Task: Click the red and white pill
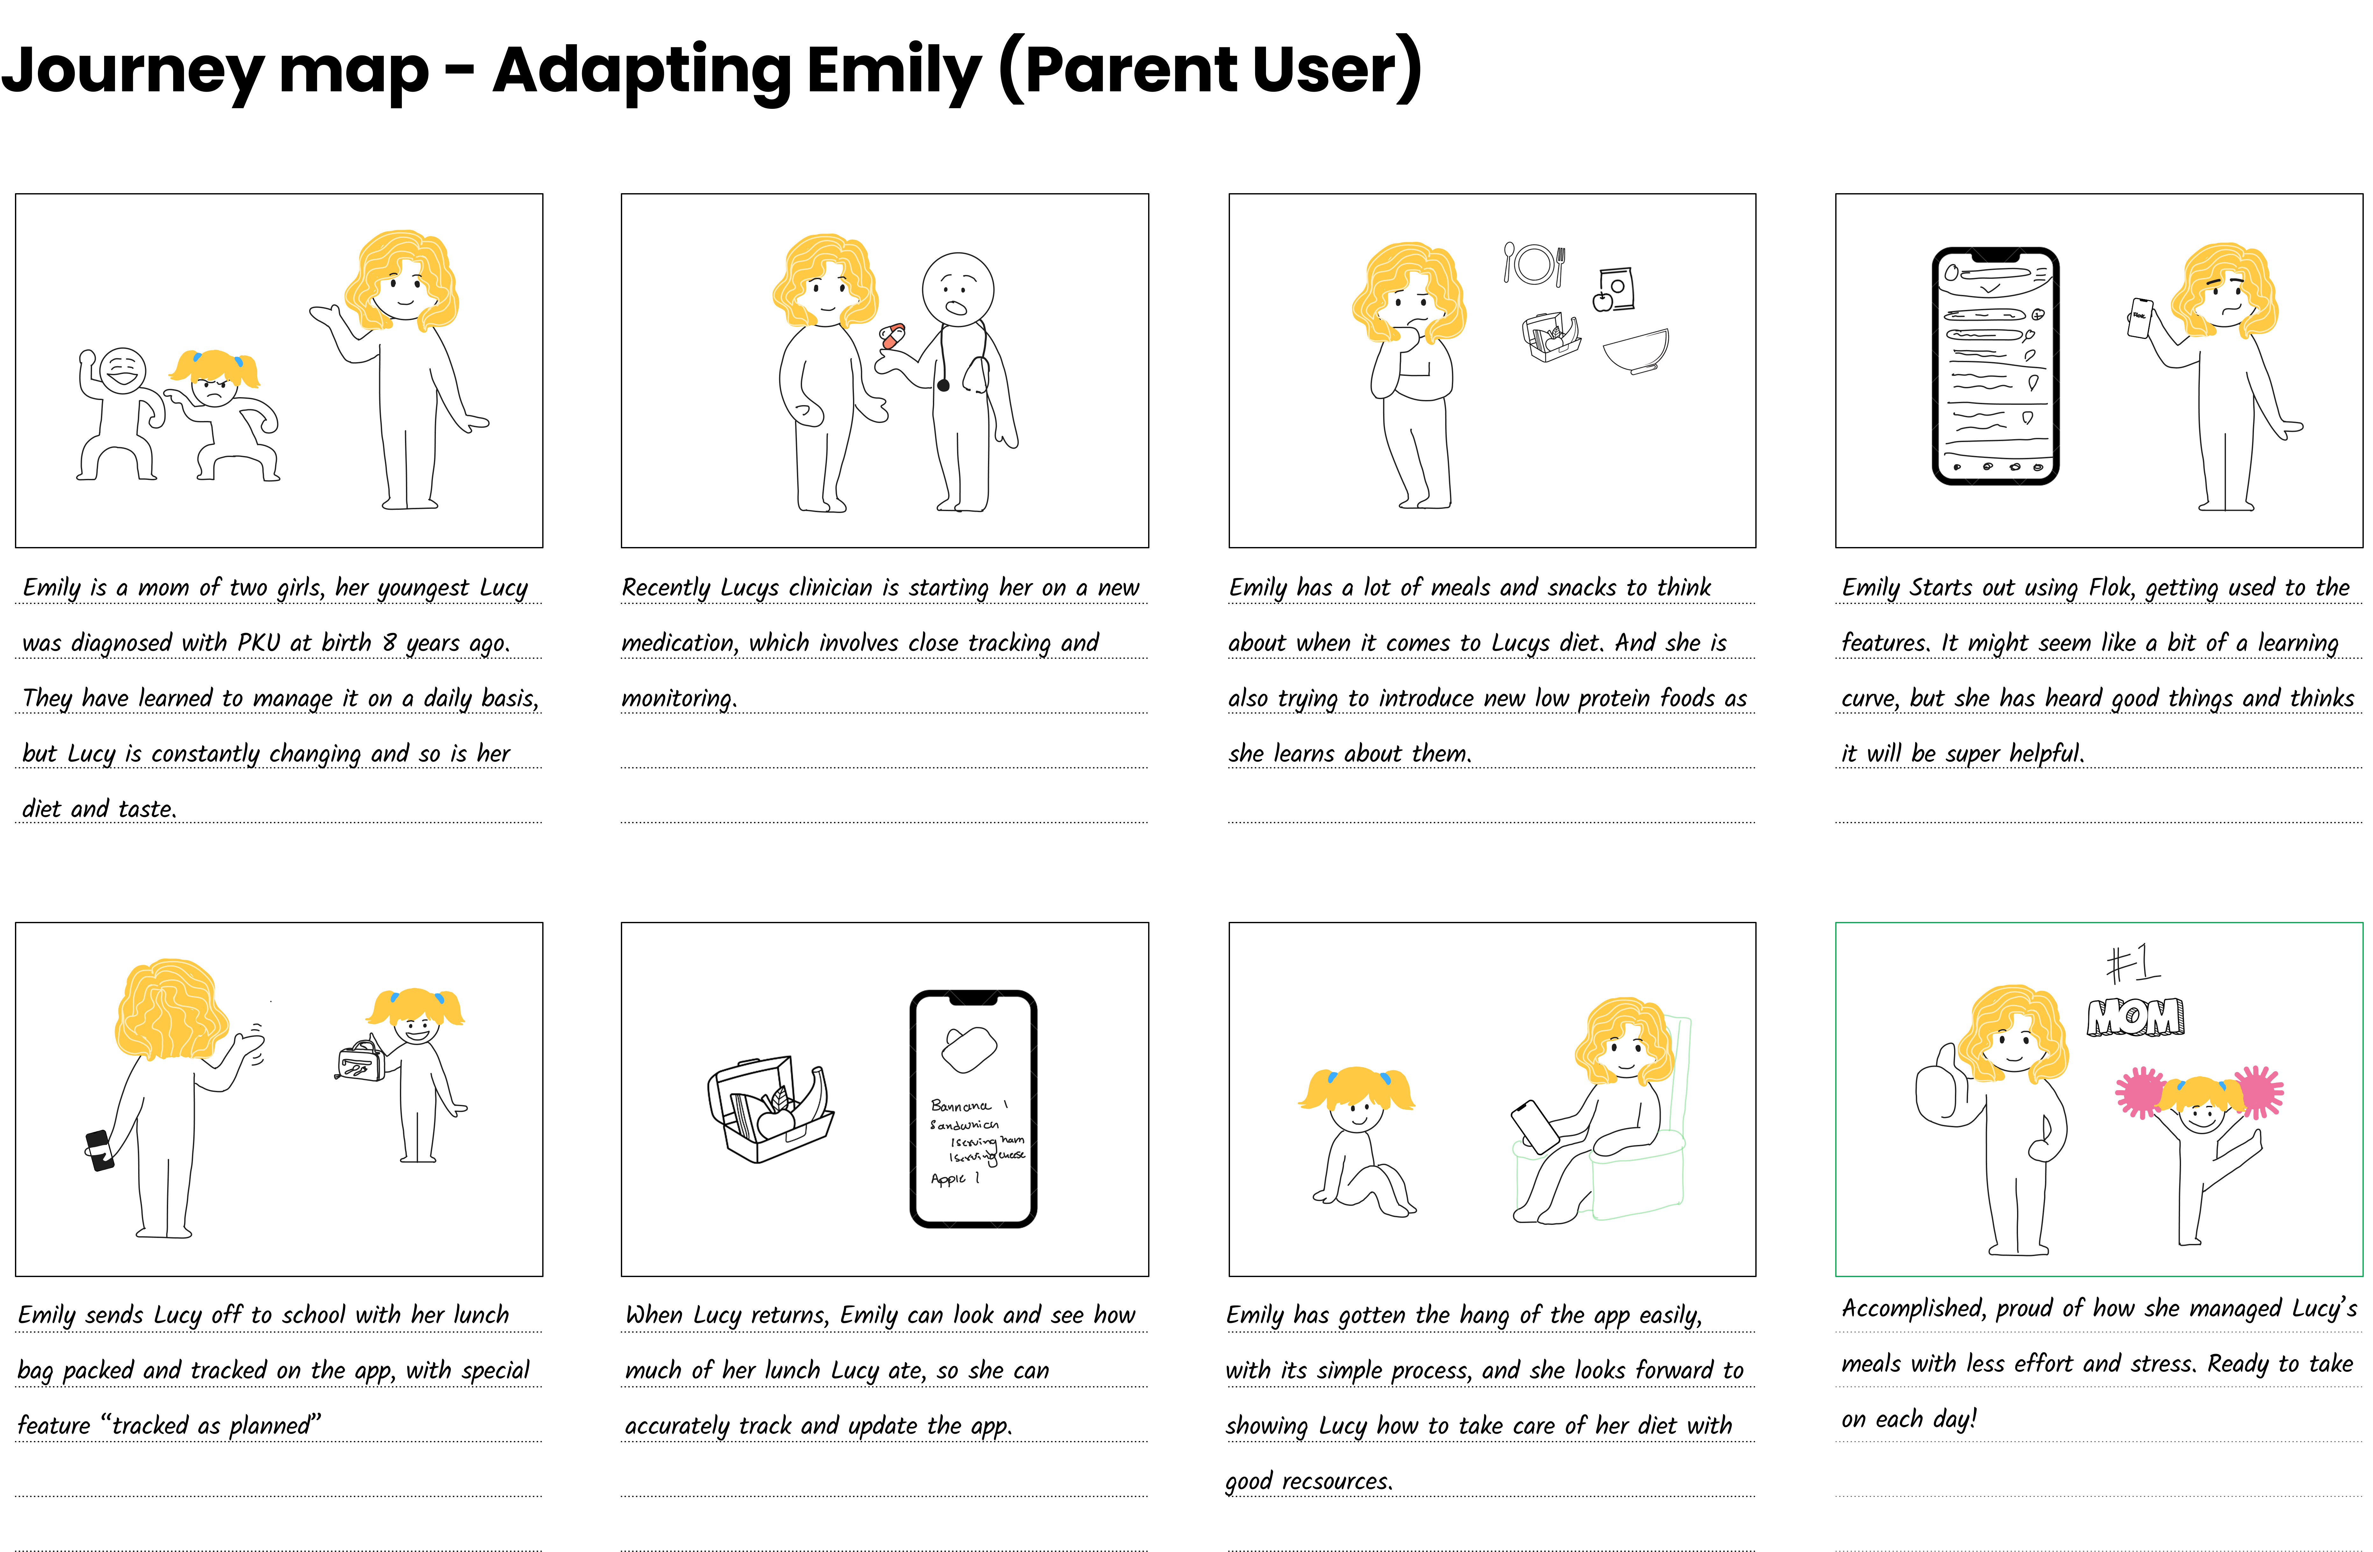[892, 336]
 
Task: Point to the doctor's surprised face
[957, 289]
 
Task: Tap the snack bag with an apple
[1615, 289]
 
